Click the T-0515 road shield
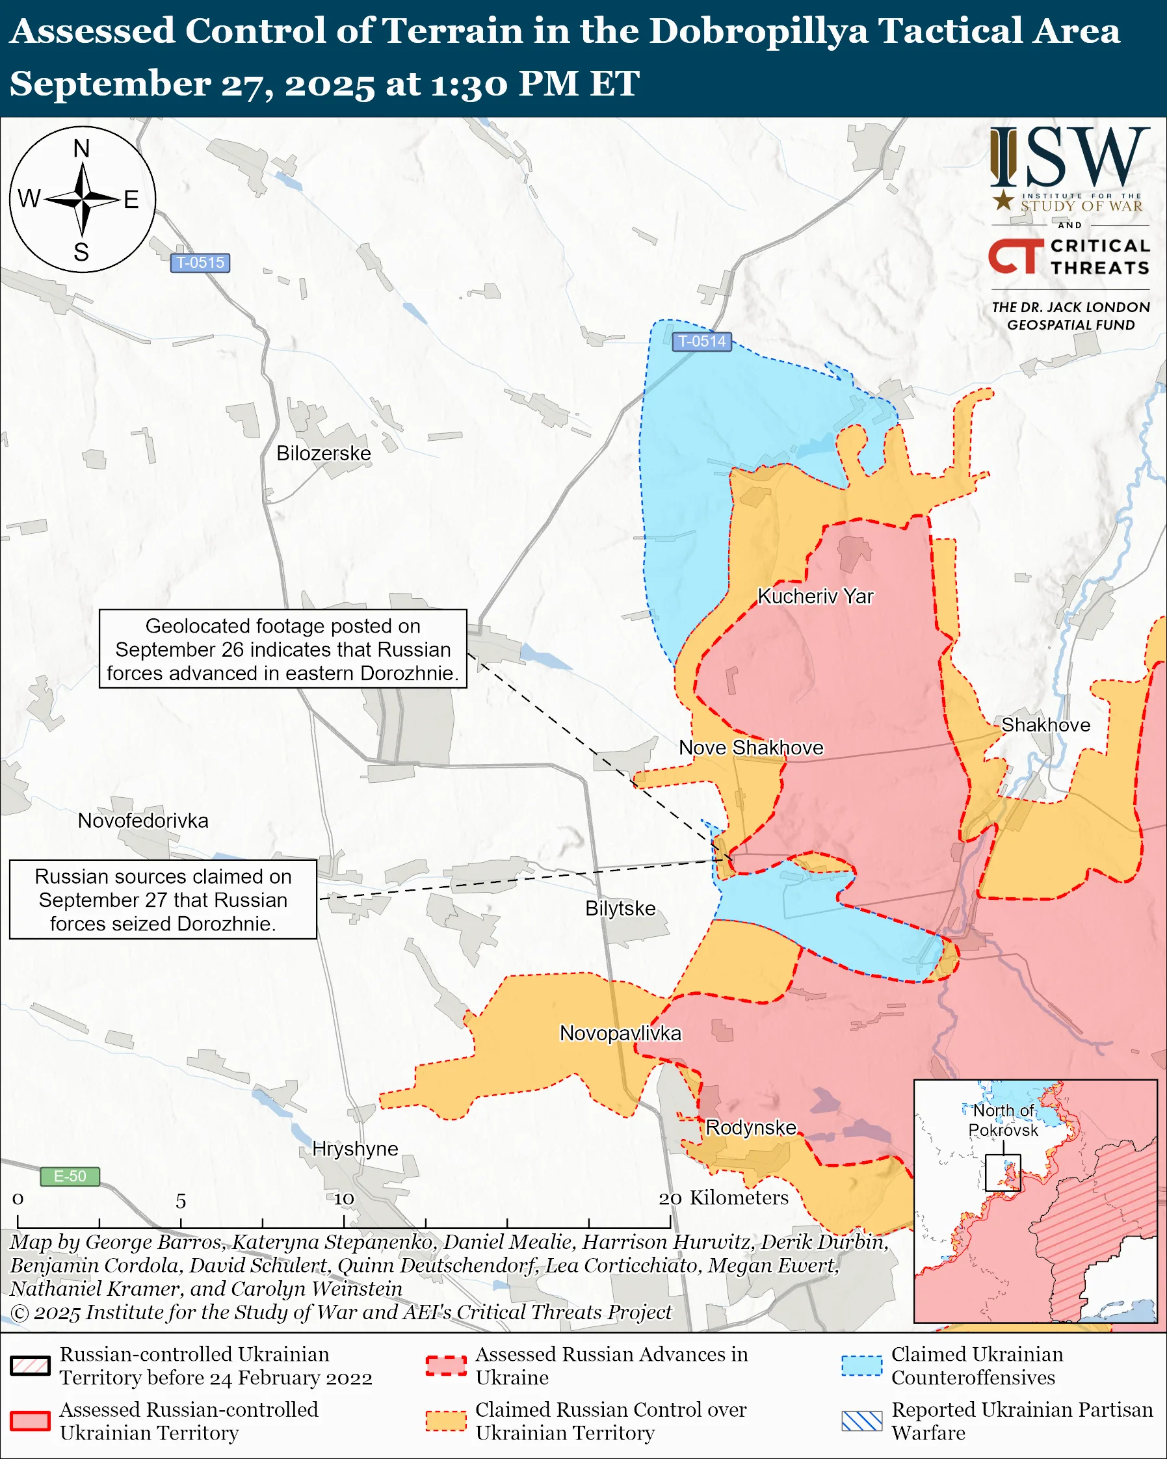[200, 263]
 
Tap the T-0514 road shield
[702, 341]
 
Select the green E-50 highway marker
[70, 1176]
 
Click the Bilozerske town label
[323, 453]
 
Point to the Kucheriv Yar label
[815, 596]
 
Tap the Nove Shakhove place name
[751, 748]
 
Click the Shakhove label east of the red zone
[1045, 725]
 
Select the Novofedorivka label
[143, 821]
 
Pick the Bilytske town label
[620, 908]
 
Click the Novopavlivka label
[620, 1033]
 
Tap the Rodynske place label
[751, 1127]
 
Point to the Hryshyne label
[355, 1148]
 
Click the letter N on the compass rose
[81, 148]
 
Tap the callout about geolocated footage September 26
[283, 649]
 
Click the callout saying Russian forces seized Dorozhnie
[163, 899]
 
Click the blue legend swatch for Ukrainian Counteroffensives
[862, 1365]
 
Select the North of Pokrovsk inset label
[1003, 1120]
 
